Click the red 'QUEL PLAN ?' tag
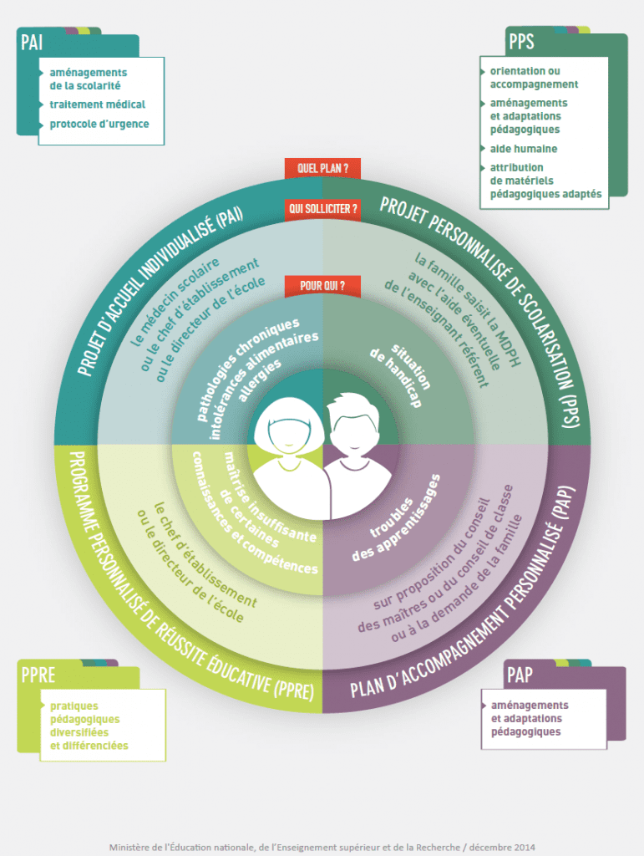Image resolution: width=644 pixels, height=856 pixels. [322, 168]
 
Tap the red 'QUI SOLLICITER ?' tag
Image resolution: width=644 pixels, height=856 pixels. [322, 208]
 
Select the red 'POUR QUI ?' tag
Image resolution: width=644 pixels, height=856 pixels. [322, 285]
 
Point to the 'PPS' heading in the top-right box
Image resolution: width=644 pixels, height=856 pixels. [520, 41]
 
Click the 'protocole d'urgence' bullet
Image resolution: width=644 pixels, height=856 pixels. [99, 124]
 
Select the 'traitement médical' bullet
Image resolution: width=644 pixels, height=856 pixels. [97, 104]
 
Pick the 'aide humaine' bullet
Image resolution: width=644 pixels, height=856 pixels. [524, 149]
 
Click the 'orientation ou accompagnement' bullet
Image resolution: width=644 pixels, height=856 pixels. [534, 78]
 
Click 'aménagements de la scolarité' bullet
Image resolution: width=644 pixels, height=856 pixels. [88, 79]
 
